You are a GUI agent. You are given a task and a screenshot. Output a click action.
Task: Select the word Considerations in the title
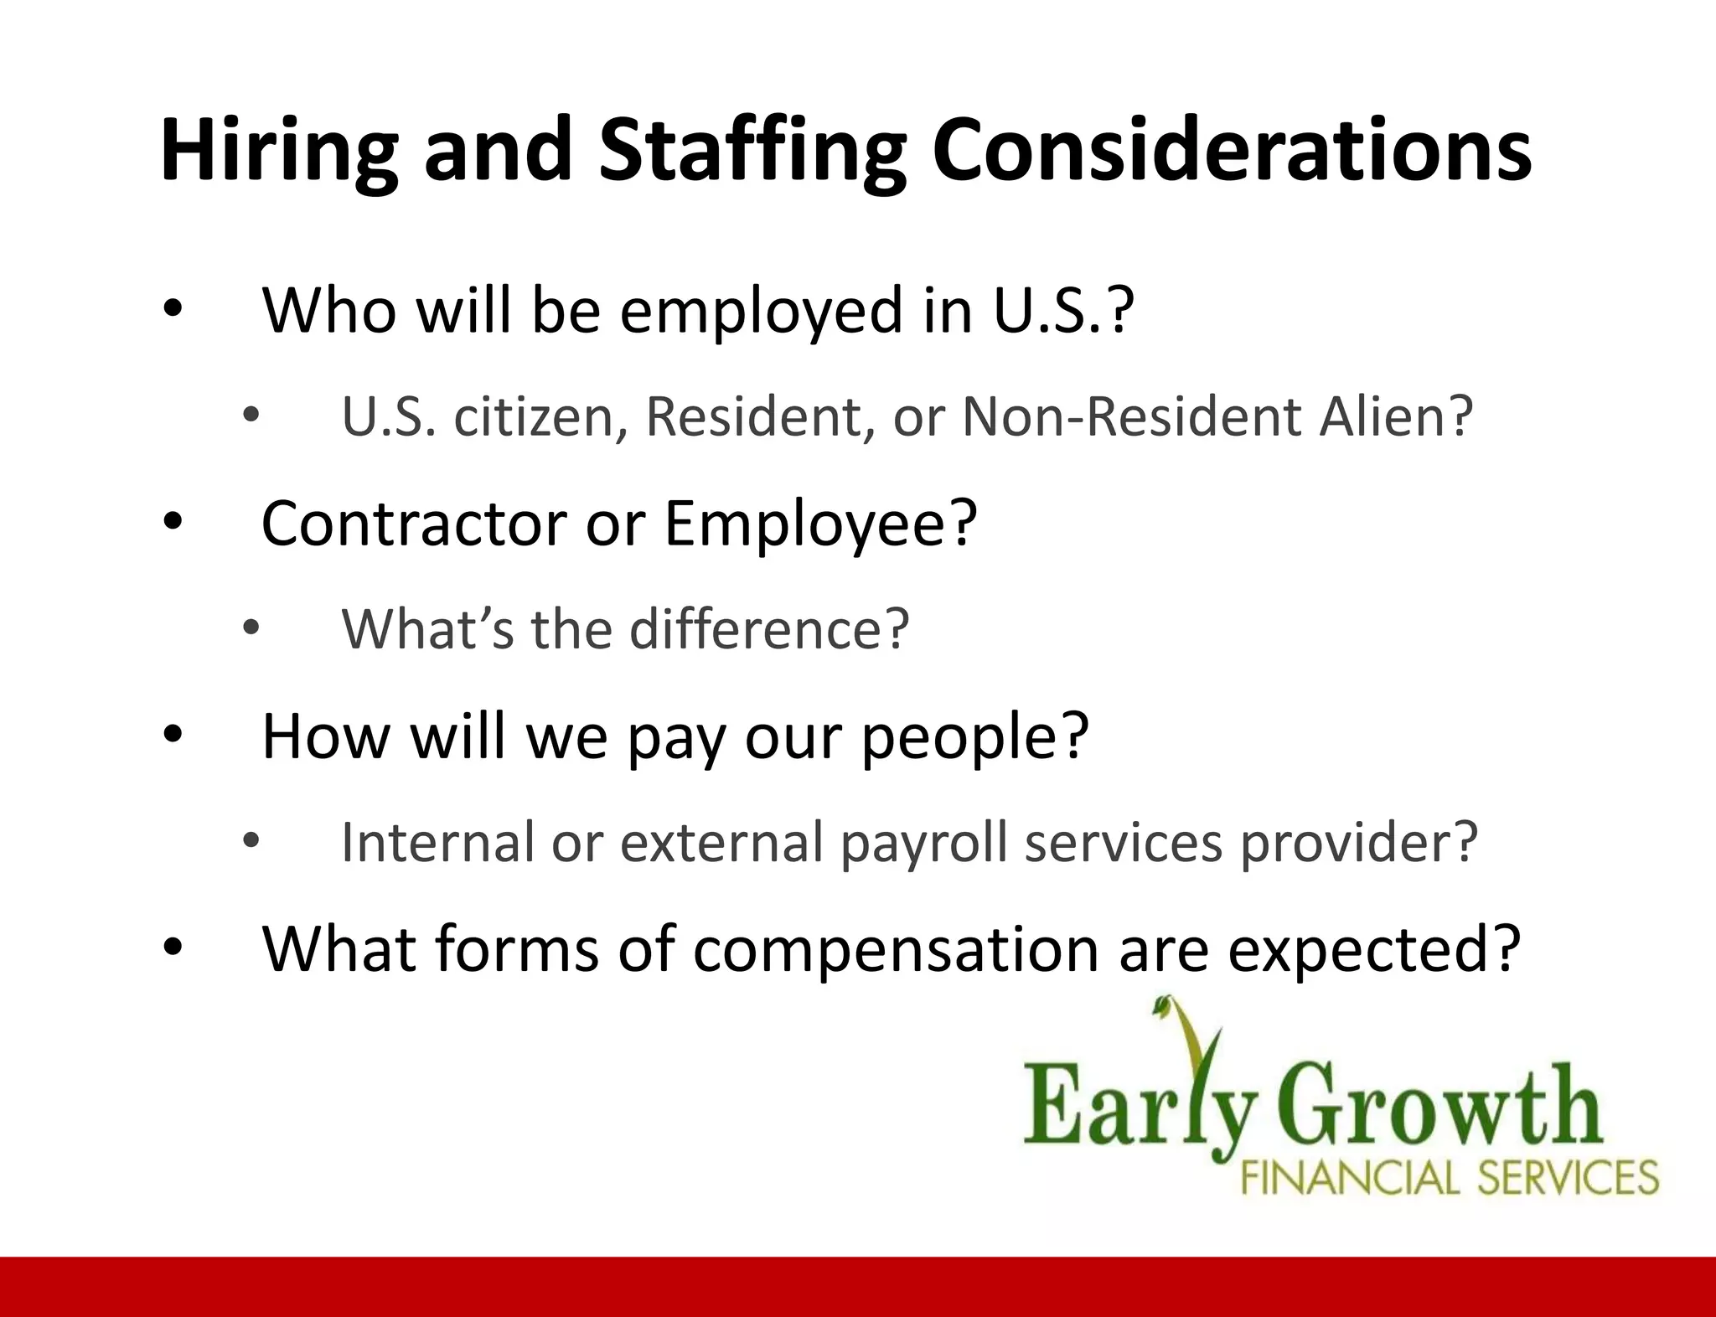1231,151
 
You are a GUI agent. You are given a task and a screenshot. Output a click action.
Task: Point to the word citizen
540,416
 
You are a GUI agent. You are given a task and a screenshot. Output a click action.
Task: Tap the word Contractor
414,524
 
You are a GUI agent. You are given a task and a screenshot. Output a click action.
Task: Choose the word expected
1362,951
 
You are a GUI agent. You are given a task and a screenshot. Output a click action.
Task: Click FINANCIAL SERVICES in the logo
1449,1177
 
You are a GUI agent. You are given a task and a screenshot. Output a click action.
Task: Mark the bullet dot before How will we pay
173,736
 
